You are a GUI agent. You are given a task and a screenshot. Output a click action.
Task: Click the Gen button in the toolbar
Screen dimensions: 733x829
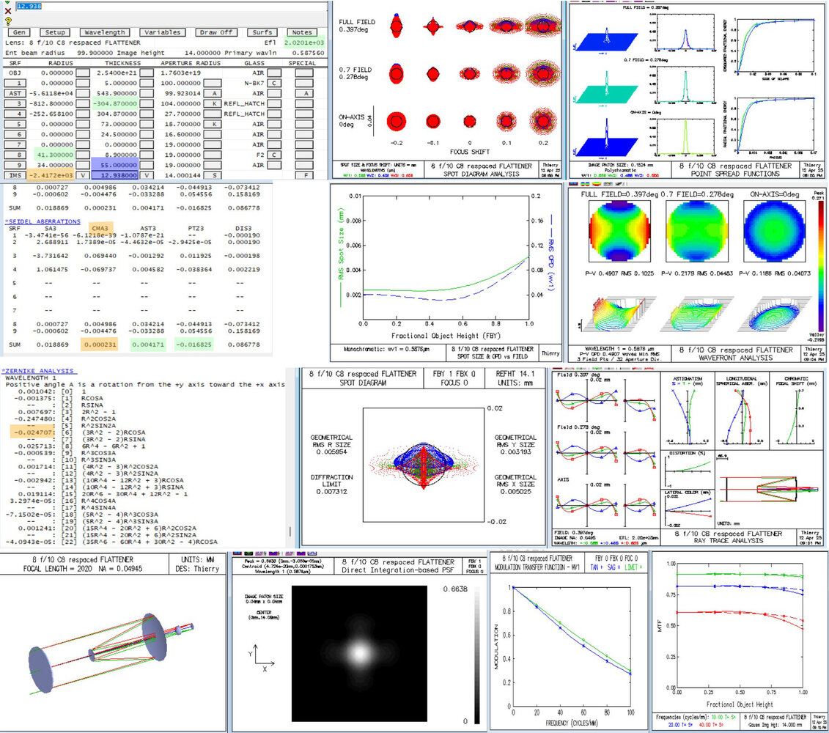click(19, 32)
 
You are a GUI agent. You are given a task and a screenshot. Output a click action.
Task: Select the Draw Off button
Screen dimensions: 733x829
click(216, 32)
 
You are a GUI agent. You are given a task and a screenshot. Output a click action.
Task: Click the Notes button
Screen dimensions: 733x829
click(302, 32)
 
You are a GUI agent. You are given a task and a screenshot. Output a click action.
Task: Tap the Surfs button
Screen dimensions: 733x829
click(262, 32)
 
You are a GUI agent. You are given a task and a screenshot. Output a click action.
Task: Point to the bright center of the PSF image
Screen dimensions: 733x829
click(359, 651)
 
